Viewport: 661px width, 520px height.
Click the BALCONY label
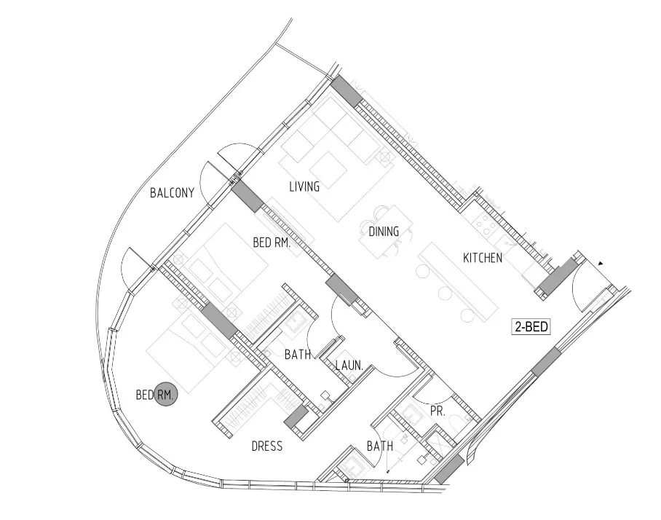tap(172, 193)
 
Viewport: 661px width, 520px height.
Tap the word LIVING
tap(304, 187)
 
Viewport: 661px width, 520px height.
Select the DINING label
tap(384, 232)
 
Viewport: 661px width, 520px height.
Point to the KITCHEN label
tap(483, 258)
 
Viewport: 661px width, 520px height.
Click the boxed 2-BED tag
tap(531, 328)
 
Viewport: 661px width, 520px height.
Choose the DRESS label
tap(266, 446)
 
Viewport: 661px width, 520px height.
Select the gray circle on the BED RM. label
tap(167, 395)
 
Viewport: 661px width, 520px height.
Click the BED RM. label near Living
tap(272, 244)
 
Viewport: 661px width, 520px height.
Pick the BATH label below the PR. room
tap(380, 446)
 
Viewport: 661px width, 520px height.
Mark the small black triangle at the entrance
tap(601, 263)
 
